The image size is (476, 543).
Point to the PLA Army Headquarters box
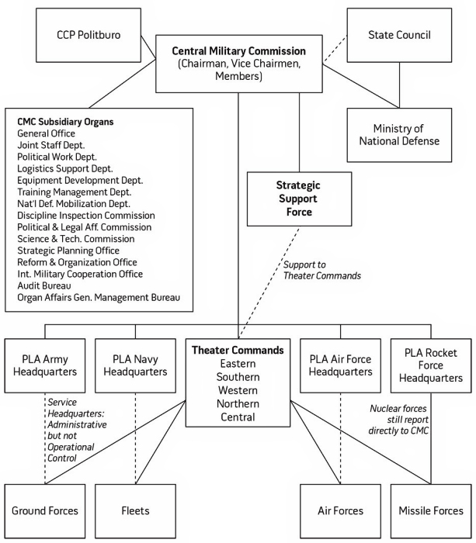(x=45, y=365)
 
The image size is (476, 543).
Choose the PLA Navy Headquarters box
(x=134, y=365)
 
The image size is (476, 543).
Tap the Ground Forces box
(x=45, y=510)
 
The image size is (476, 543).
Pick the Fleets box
(x=134, y=510)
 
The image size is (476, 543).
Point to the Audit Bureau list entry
(x=45, y=285)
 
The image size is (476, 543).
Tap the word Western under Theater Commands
(x=239, y=389)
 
